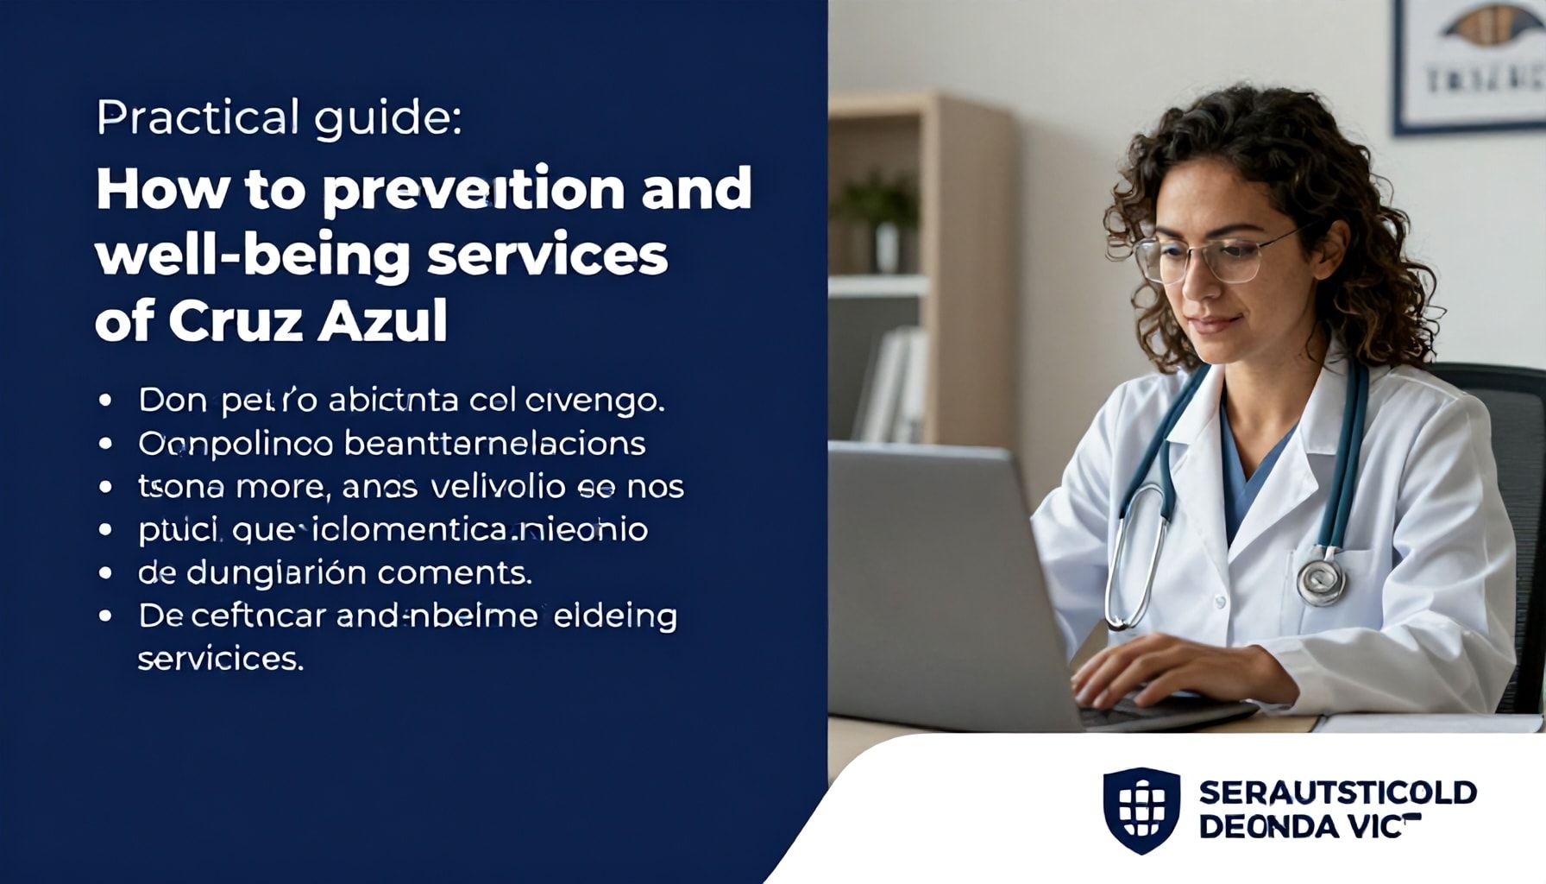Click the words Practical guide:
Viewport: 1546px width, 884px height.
point(279,118)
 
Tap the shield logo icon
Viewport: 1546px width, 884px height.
point(1141,810)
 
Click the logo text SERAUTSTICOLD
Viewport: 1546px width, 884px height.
point(1337,792)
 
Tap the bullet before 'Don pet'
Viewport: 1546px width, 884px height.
point(106,401)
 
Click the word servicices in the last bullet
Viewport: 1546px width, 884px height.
point(221,659)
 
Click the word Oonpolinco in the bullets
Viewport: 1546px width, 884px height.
point(236,444)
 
